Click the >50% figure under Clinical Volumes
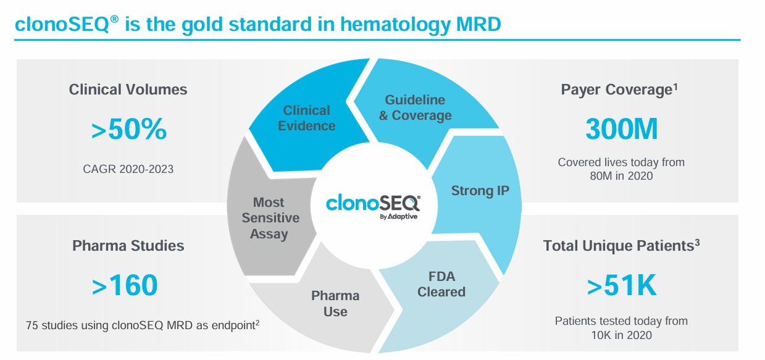point(128,130)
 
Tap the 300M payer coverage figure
point(621,130)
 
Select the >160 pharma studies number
point(125,286)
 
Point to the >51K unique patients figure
point(621,286)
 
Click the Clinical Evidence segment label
point(306,118)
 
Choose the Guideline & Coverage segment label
point(415,107)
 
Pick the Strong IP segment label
point(480,190)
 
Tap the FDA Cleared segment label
point(441,284)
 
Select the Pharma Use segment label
point(335,304)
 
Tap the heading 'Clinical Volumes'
point(128,90)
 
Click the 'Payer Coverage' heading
point(616,90)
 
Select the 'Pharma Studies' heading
point(128,246)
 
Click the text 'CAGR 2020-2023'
point(128,168)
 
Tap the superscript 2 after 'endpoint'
point(257,321)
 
